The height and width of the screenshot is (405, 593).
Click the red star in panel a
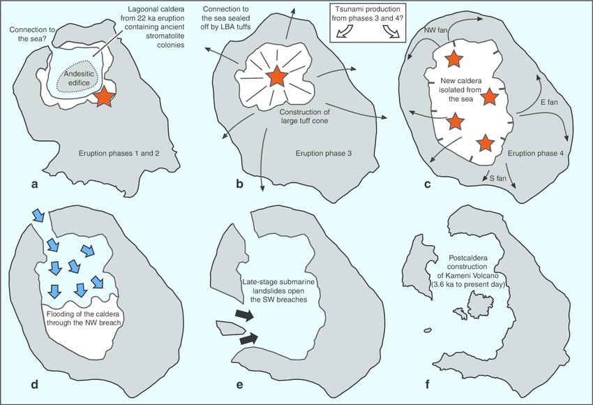tap(103, 98)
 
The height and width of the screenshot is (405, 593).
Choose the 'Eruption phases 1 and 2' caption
tap(119, 152)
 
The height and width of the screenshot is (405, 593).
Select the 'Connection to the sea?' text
tap(29, 34)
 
